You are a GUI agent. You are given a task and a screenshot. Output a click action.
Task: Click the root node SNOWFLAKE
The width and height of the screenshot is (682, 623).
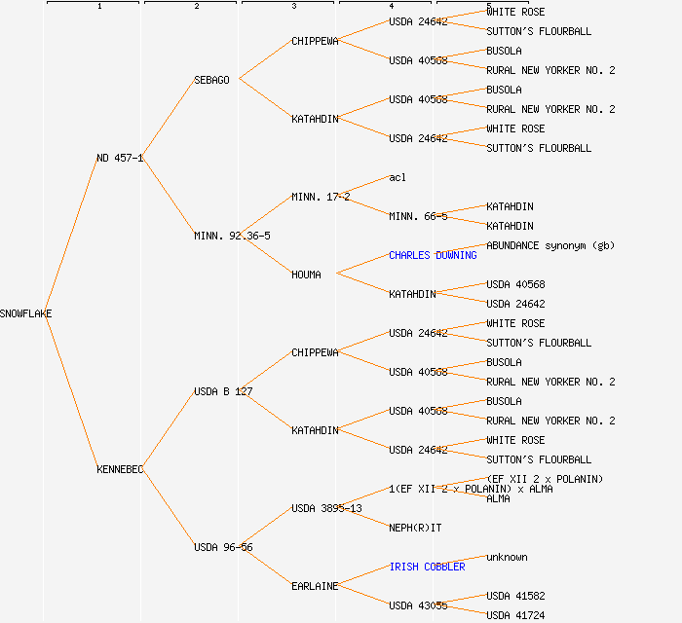click(x=26, y=313)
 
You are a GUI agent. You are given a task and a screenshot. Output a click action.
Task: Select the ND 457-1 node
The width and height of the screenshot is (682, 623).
click(x=120, y=158)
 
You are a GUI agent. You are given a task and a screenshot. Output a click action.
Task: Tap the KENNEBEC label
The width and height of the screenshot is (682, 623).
click(x=120, y=469)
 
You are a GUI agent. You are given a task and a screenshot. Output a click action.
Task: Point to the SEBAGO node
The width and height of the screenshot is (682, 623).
click(x=211, y=80)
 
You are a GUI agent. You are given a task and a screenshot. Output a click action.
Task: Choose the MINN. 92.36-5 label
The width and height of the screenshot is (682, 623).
click(x=232, y=236)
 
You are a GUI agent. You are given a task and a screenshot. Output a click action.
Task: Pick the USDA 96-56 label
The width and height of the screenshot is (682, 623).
click(x=223, y=547)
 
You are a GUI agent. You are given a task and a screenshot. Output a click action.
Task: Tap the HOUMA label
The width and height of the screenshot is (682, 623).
click(x=306, y=275)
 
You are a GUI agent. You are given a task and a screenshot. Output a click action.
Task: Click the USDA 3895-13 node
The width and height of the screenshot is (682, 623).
click(x=326, y=508)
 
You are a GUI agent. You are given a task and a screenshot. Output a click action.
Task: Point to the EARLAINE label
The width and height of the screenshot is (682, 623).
click(x=315, y=586)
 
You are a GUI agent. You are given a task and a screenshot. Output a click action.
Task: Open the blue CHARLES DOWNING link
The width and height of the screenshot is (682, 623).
click(x=433, y=255)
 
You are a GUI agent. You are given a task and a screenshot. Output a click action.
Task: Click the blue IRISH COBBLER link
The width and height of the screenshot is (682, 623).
click(x=427, y=567)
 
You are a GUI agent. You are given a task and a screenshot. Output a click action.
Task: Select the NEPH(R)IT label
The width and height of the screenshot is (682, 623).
click(x=415, y=528)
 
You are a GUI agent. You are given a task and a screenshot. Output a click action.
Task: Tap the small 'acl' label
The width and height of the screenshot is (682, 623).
click(x=398, y=177)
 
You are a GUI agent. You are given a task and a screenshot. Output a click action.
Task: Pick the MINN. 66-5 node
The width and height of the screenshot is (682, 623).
click(x=418, y=216)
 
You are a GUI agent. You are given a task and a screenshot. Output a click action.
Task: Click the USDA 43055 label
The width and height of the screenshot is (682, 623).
click(x=418, y=605)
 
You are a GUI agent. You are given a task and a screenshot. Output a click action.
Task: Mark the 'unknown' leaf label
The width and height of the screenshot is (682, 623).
click(x=507, y=557)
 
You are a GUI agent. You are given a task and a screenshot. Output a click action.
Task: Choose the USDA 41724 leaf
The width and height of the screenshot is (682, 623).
click(x=515, y=615)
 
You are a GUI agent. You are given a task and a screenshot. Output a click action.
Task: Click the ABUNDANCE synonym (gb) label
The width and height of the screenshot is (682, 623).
click(x=550, y=245)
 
